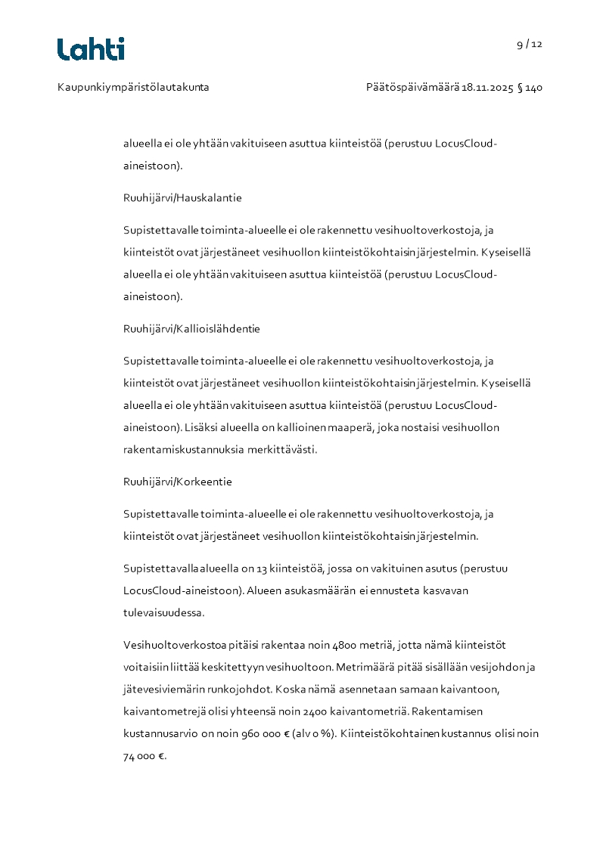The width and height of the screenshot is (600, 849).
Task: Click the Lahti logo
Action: pos(91,49)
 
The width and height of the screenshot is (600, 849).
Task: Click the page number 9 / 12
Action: pos(530,44)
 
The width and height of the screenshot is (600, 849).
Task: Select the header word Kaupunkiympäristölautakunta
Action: pos(133,88)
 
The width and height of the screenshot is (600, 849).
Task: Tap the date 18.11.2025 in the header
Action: pos(487,88)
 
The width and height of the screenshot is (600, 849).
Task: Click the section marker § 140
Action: pos(530,88)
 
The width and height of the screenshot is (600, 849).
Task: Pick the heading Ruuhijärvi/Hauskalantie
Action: pos(182,198)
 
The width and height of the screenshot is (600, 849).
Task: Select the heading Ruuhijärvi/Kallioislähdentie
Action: pos(191,329)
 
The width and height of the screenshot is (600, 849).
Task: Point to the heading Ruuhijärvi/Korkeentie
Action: pos(177,482)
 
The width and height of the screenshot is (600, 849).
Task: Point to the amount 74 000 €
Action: pos(143,756)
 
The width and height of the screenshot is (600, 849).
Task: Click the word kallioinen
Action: pos(300,428)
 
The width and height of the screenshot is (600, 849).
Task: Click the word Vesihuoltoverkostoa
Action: pos(173,645)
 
